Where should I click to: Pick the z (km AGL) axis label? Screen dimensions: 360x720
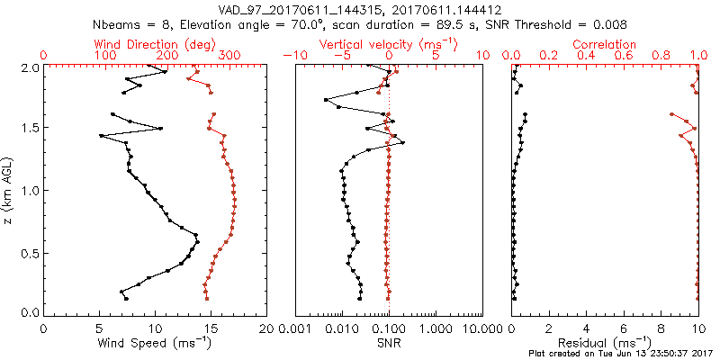pyautogui.click(x=8, y=190)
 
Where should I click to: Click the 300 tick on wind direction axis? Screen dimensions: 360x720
pyautogui.click(x=230, y=56)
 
